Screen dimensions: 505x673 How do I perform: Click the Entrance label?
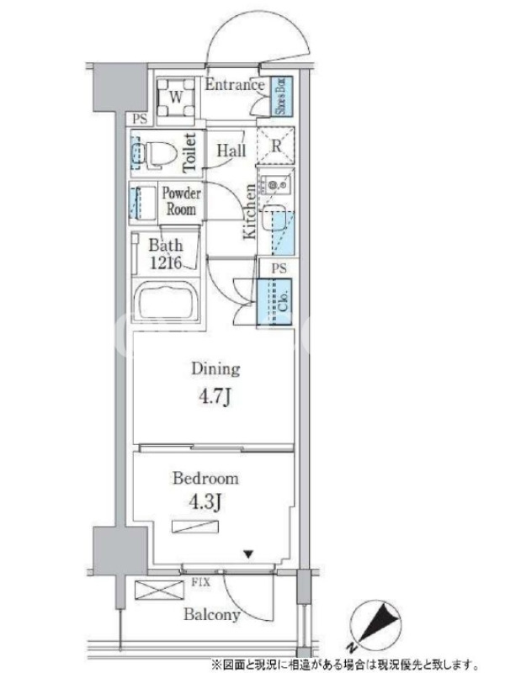click(235, 85)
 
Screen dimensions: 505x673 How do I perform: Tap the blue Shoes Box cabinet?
click(283, 96)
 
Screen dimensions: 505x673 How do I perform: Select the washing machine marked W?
click(175, 98)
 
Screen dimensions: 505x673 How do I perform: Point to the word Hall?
click(231, 151)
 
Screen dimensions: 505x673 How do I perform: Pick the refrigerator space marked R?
click(276, 146)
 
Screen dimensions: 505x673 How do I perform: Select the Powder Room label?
click(181, 201)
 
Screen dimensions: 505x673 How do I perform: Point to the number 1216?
click(165, 262)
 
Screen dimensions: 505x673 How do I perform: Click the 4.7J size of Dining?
click(215, 397)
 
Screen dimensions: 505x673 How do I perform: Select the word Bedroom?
click(205, 478)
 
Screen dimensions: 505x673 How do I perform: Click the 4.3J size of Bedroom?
click(205, 501)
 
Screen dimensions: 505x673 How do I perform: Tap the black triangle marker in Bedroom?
click(248, 554)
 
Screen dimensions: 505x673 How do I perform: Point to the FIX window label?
click(200, 582)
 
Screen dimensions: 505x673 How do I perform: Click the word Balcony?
click(212, 615)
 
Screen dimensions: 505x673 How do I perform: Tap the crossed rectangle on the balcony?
click(159, 590)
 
